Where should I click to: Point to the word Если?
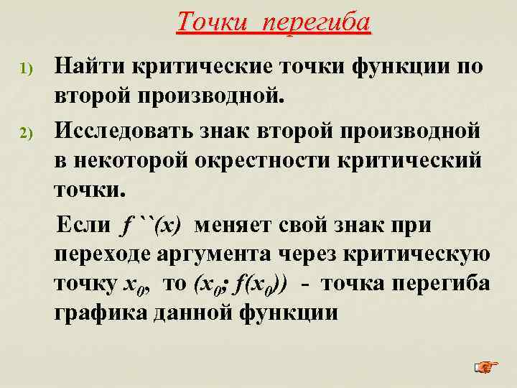pos(83,226)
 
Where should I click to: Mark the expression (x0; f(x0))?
pos(240,285)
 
